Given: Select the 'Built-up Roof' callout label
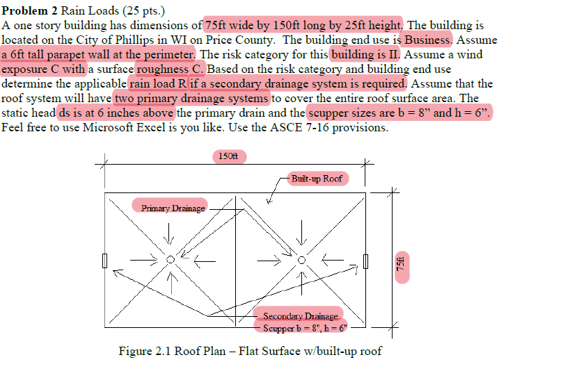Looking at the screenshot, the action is coord(317,179).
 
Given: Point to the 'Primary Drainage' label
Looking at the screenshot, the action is coord(173,207).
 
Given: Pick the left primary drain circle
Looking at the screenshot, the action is coord(171,260).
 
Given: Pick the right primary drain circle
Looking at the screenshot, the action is coord(301,260).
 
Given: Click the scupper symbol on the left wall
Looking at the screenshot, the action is coord(105,261).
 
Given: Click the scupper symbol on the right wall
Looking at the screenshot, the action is coord(366,261).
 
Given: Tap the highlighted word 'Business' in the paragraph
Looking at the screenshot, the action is coord(429,40).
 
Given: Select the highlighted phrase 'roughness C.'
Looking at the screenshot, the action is coord(171,69).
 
